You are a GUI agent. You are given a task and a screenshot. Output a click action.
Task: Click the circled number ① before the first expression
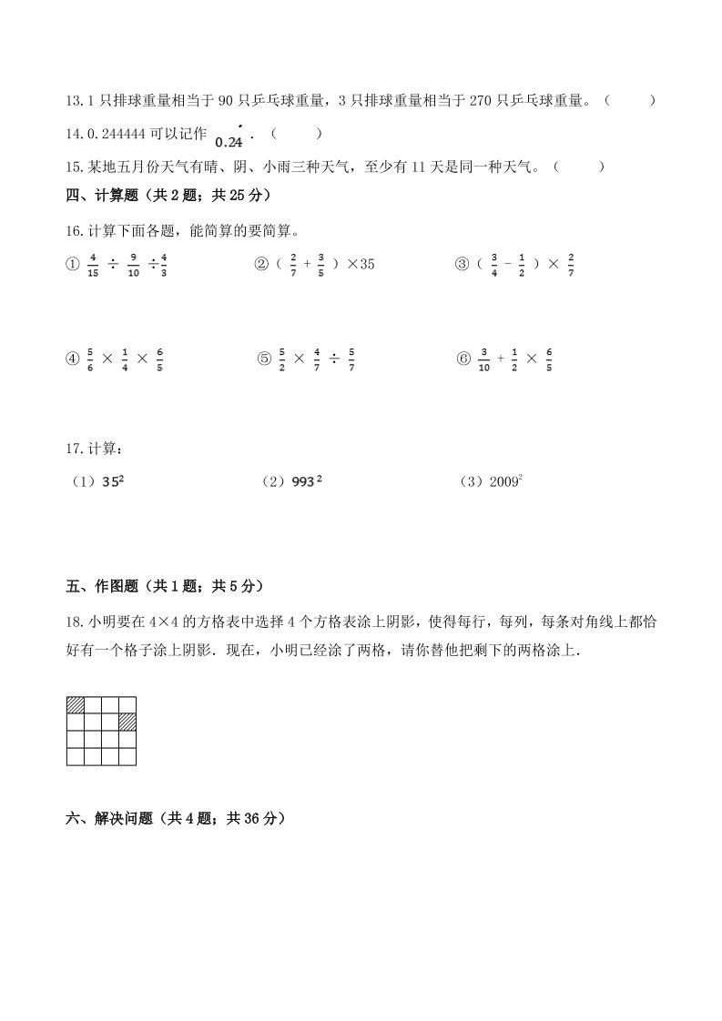[74, 265]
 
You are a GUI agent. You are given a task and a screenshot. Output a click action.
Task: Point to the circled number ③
[462, 265]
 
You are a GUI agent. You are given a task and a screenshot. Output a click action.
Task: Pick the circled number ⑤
[264, 359]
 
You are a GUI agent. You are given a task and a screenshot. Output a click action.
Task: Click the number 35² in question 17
[113, 482]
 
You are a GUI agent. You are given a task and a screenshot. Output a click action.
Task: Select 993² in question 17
[306, 482]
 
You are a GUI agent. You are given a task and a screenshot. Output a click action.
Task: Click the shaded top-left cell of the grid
[76, 704]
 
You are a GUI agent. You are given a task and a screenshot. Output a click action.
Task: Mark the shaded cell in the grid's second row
[127, 722]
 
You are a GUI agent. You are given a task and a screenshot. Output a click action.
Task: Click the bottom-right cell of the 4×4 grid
[127, 756]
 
